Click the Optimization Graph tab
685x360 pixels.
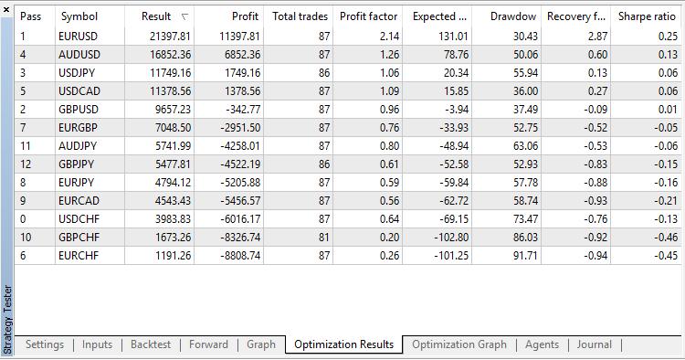point(458,344)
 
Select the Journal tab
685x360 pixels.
point(595,344)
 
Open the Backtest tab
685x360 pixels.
point(150,344)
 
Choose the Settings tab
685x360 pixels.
point(45,344)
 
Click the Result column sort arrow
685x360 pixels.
point(186,16)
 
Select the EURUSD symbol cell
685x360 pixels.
point(79,36)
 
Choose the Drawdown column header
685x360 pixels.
point(513,16)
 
